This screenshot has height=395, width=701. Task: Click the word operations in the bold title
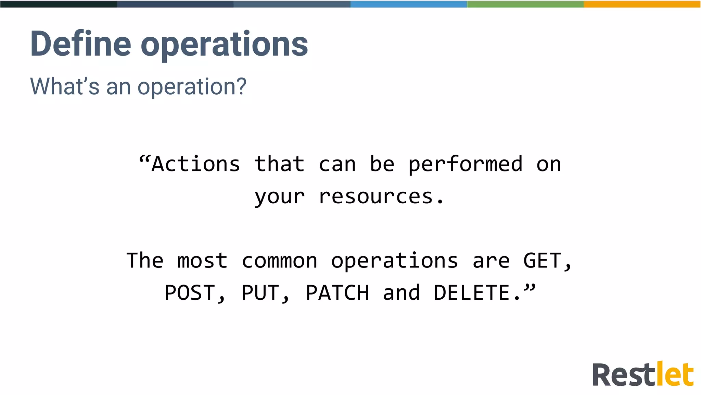(224, 45)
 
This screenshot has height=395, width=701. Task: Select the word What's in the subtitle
(65, 86)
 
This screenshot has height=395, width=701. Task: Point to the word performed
(466, 165)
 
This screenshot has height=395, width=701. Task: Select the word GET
(542, 261)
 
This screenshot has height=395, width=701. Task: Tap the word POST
(190, 293)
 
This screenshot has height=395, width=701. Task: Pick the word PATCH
(337, 293)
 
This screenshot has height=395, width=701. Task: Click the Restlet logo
(643, 374)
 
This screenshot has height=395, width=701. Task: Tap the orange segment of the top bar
(642, 4)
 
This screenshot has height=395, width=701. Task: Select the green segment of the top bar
(525, 4)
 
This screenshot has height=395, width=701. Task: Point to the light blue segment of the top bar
(409, 4)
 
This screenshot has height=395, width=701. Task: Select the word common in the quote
(279, 261)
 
